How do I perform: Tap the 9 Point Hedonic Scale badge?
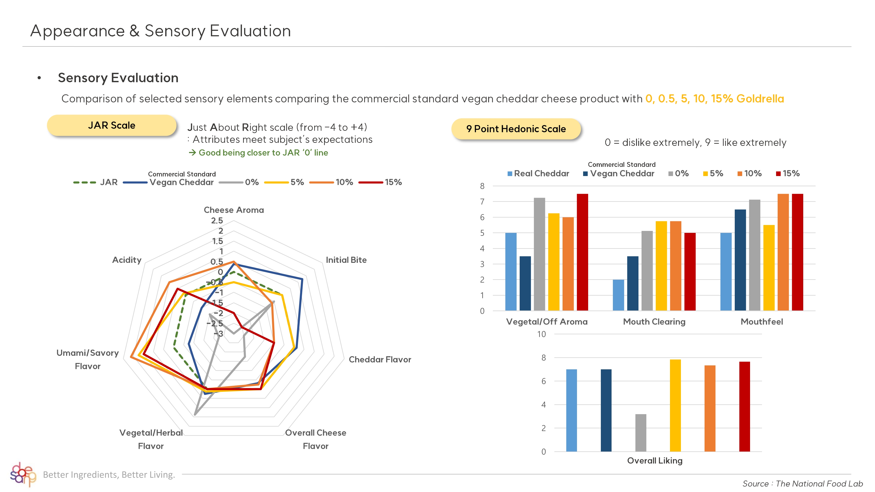coord(516,129)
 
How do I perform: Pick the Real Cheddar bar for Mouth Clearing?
coord(618,295)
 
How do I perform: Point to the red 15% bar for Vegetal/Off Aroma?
coord(582,252)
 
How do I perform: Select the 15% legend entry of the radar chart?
coord(381,182)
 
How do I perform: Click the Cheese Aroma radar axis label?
coord(234,210)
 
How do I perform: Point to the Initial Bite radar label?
coord(346,260)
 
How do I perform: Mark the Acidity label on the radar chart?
coord(127,260)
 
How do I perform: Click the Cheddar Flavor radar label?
coord(380,359)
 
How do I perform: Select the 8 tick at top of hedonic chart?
coord(482,186)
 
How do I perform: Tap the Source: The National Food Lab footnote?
coord(802,483)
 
